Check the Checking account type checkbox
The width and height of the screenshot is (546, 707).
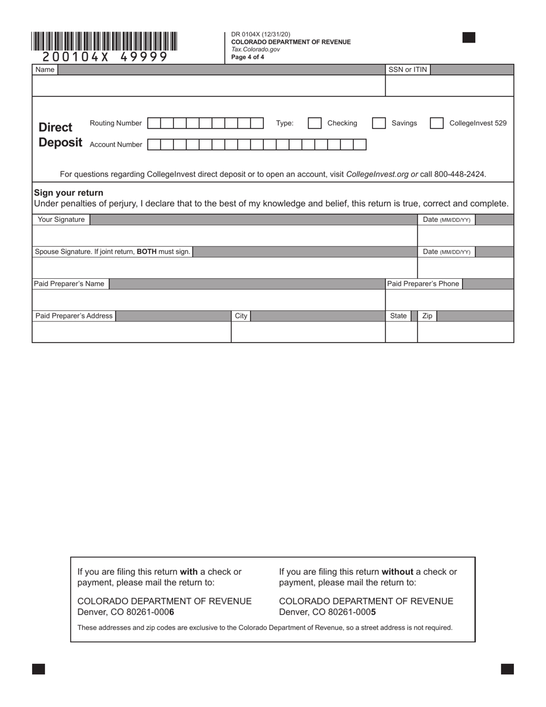click(315, 123)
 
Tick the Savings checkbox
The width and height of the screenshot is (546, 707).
click(379, 123)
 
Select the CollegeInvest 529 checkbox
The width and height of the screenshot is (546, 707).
click(437, 123)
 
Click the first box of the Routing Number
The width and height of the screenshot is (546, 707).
click(154, 123)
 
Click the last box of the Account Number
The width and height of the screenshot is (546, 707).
click(360, 144)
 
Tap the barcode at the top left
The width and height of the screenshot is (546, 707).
click(105, 41)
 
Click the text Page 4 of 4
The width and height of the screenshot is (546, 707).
click(248, 57)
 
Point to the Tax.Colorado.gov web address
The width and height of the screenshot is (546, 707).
click(255, 49)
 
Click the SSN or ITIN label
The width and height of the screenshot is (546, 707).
click(407, 70)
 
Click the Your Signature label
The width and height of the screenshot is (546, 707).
click(61, 220)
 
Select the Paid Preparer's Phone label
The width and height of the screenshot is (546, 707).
click(423, 283)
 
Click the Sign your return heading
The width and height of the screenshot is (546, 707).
click(68, 193)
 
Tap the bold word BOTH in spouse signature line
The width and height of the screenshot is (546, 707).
click(147, 252)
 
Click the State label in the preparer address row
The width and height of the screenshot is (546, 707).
click(398, 316)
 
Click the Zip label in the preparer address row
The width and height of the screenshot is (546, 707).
click(427, 316)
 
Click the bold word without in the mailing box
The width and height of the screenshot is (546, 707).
click(397, 571)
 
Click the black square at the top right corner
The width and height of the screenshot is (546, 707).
click(468, 38)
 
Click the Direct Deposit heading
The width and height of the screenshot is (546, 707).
click(60, 135)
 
